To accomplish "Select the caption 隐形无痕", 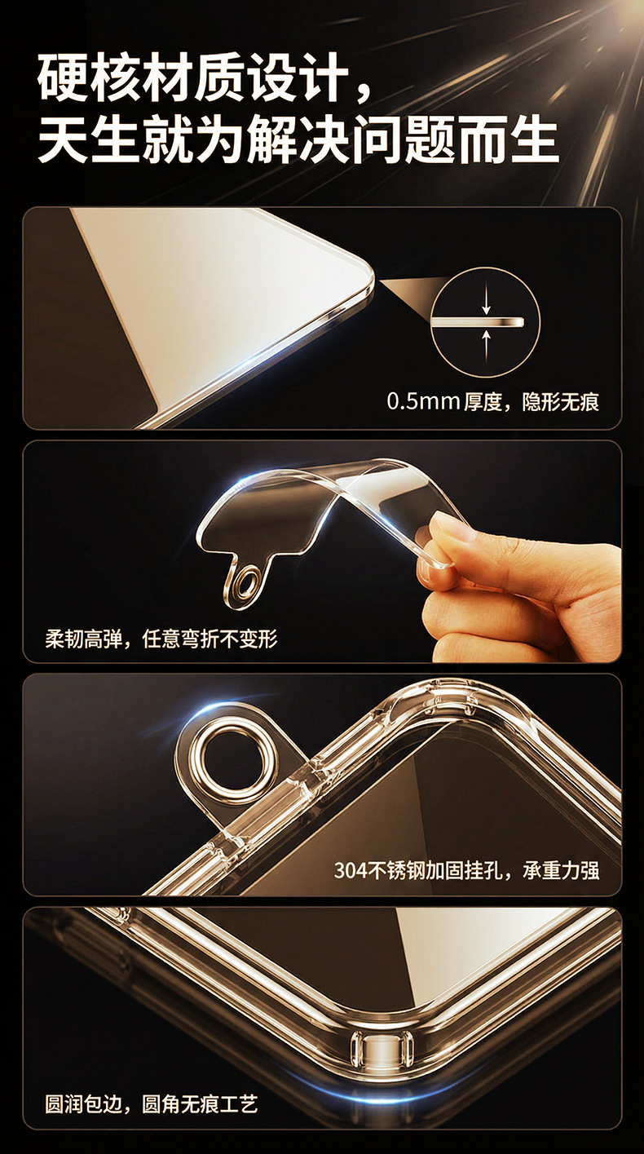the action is [561, 402].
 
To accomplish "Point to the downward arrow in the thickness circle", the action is [486, 303].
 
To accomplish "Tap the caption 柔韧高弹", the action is [83, 639].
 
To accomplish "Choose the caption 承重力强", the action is [561, 871].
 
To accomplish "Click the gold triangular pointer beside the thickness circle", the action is [412, 297].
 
